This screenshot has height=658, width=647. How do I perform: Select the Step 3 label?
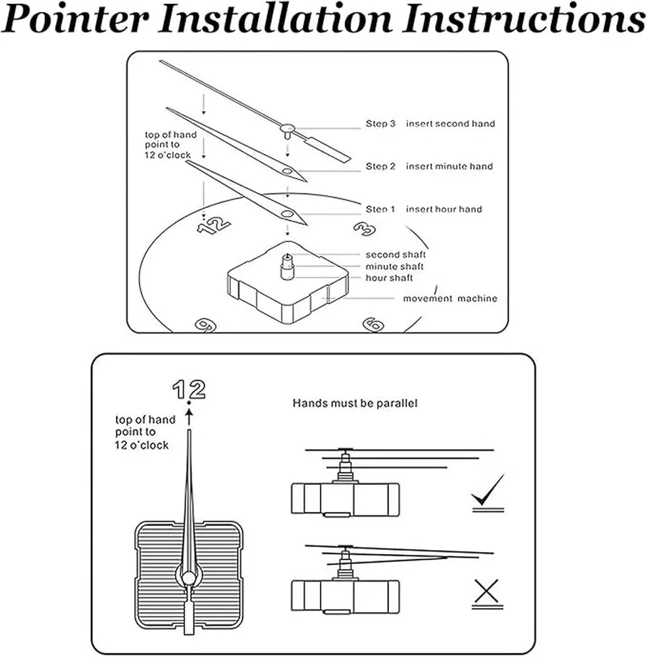pyautogui.click(x=380, y=124)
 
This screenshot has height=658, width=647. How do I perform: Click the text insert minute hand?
pyautogui.click(x=450, y=166)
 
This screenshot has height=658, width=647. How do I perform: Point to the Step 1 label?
pyautogui.click(x=380, y=209)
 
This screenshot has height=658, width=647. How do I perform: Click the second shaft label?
pyautogui.click(x=396, y=255)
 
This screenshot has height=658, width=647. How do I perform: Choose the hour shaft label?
pyautogui.click(x=389, y=278)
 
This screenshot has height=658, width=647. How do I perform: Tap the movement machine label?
pyautogui.click(x=450, y=298)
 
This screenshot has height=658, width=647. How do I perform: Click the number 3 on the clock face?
pyautogui.click(x=365, y=229)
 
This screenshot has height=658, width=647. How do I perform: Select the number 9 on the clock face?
pyautogui.click(x=206, y=325)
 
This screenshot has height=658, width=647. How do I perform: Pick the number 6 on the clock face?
pyautogui.click(x=373, y=324)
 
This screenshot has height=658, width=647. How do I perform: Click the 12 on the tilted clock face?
pyautogui.click(x=214, y=225)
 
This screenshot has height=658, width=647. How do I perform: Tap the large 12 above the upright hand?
pyautogui.click(x=189, y=390)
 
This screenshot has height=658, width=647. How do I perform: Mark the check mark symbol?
pyautogui.click(x=488, y=490)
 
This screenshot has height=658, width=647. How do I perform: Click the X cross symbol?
pyautogui.click(x=487, y=591)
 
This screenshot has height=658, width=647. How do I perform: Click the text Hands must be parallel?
pyautogui.click(x=355, y=403)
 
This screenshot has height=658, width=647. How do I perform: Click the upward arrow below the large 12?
pyautogui.click(x=190, y=417)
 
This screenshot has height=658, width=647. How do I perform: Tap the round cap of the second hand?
pyautogui.click(x=288, y=128)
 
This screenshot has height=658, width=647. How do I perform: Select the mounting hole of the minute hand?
pyautogui.click(x=287, y=171)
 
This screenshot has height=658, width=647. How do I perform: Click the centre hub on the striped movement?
pyautogui.click(x=190, y=578)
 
